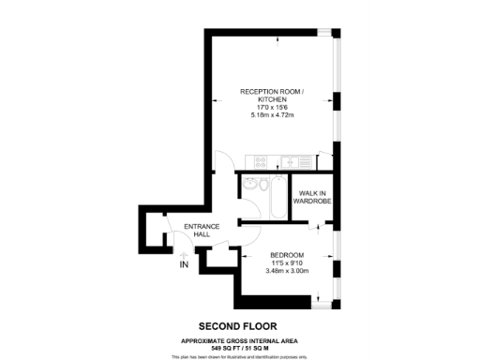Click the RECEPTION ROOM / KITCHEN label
[x=272, y=95]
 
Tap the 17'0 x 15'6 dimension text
[x=272, y=108]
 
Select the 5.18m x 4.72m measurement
[x=272, y=115]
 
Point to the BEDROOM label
[x=287, y=255]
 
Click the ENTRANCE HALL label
[x=201, y=231]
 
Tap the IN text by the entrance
[x=184, y=265]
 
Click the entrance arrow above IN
[x=184, y=254]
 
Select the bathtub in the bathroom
[x=276, y=198]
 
